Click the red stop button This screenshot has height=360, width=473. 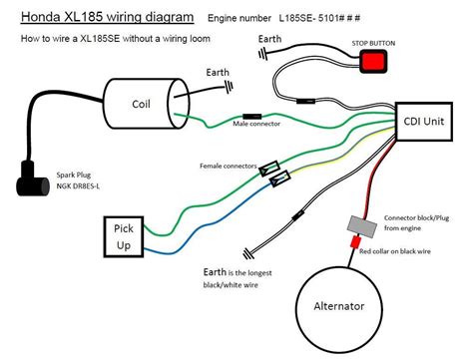tap(373, 61)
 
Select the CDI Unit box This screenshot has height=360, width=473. tap(424, 122)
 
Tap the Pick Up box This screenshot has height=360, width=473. tap(124, 236)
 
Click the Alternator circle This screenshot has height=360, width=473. tap(339, 310)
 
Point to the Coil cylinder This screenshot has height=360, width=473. tap(147, 104)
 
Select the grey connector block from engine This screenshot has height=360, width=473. tap(362, 226)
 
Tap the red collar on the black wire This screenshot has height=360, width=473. tap(355, 242)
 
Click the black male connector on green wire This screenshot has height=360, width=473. tap(251, 117)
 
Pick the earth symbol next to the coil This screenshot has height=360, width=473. tap(230, 88)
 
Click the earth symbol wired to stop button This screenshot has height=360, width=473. tap(263, 53)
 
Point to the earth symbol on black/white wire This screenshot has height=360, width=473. tap(247, 254)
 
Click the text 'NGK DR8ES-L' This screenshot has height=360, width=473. tap(78, 186)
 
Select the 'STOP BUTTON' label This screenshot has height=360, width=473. tap(373, 43)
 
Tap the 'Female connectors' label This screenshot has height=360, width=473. tap(229, 166)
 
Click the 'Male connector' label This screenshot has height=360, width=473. tap(256, 124)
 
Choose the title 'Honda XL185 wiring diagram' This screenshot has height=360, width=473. tap(107, 17)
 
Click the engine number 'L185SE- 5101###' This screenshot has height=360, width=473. tap(319, 18)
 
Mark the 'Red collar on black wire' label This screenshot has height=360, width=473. tap(395, 251)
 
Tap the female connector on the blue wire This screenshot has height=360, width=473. tap(279, 179)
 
